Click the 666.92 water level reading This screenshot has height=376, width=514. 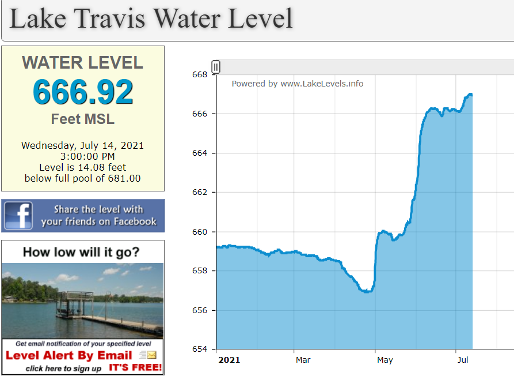coord(83,92)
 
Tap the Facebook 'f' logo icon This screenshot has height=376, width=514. coord(18,216)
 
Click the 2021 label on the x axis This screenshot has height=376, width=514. coord(229,360)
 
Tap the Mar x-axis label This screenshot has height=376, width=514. coord(303,360)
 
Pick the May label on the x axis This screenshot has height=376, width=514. coord(384,360)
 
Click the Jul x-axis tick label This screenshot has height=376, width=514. coord(463,360)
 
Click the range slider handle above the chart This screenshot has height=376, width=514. coord(216,67)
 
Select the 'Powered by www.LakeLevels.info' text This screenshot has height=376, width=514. coord(298,84)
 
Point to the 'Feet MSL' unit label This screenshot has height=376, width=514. coord(83,119)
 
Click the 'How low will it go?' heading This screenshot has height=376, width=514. coord(81,252)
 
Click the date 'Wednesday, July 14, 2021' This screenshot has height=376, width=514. coord(83,145)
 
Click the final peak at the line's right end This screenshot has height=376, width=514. coord(470,94)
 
